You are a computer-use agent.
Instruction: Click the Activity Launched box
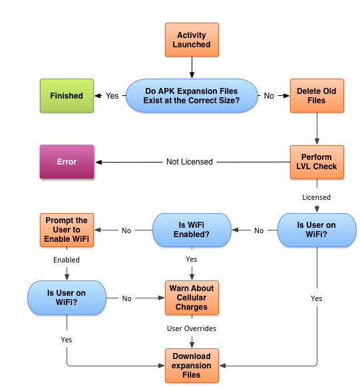pos(192,40)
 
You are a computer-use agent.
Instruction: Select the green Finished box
pos(67,96)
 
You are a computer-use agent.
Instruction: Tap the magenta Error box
pos(67,162)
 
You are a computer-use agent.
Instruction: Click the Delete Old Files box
pos(317,96)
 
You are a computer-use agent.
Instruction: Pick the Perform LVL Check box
pos(317,162)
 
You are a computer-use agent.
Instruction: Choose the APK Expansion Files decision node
pos(192,96)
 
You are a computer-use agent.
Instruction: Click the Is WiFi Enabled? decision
pos(192,230)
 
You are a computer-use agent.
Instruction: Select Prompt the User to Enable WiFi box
pos(67,230)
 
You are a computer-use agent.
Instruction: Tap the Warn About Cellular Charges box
pos(192,298)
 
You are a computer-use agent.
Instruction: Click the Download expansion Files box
pos(192,366)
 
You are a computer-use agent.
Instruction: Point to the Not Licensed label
pos(190,162)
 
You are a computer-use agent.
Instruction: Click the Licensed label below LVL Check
pos(316,197)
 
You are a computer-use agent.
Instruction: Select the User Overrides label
pos(192,328)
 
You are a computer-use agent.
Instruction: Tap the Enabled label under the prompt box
pos(67,260)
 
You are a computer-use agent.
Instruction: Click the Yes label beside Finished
pos(112,96)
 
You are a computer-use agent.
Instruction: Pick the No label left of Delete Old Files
pos(269,96)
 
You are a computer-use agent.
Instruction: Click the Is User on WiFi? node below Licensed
pos(317,230)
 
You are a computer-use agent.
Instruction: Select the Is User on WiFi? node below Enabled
pos(67,298)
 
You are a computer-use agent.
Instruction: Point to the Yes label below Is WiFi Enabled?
pos(192,259)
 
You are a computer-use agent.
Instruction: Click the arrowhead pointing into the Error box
pos(98,162)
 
